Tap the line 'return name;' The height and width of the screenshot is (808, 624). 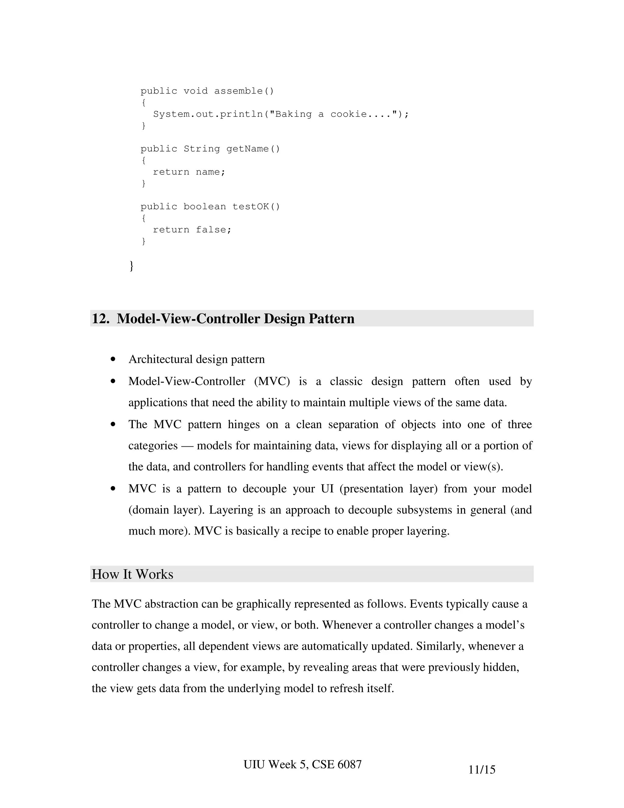tap(189, 172)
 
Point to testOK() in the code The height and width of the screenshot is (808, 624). tap(256, 206)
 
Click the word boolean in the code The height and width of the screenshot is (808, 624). tap(205, 206)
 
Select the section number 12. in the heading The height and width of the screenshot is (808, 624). tap(101, 319)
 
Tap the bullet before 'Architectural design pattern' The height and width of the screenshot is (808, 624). tap(113, 359)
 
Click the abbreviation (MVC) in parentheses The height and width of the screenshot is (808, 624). tap(272, 381)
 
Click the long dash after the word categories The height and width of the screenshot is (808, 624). tap(187, 446)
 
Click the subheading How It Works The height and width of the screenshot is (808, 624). tap(132, 574)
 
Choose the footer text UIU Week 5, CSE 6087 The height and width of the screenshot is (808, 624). tap(302, 764)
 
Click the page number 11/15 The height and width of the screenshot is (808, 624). tap(482, 770)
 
